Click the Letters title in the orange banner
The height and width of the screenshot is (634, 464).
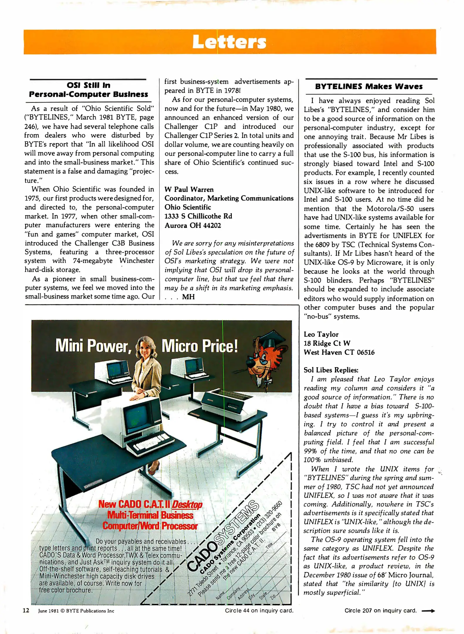click(229, 42)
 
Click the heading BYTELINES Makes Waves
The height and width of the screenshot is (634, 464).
click(369, 86)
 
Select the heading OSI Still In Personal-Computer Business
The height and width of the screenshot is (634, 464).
click(88, 90)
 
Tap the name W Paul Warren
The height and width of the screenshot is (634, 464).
click(189, 189)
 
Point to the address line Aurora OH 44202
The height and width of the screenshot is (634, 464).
click(193, 225)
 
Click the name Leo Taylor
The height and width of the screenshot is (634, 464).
click(321, 334)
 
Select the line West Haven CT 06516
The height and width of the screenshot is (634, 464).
click(339, 352)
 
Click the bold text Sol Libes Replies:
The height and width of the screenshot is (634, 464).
click(331, 370)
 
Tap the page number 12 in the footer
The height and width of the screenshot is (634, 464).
click(26, 611)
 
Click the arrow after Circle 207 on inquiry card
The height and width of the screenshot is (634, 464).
click(428, 611)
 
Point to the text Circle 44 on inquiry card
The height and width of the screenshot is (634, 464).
click(259, 611)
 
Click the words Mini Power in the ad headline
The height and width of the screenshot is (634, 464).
click(93, 346)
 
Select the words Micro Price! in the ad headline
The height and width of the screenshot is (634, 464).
click(200, 346)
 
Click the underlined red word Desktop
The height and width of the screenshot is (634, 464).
click(187, 505)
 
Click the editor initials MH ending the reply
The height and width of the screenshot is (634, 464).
click(188, 297)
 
